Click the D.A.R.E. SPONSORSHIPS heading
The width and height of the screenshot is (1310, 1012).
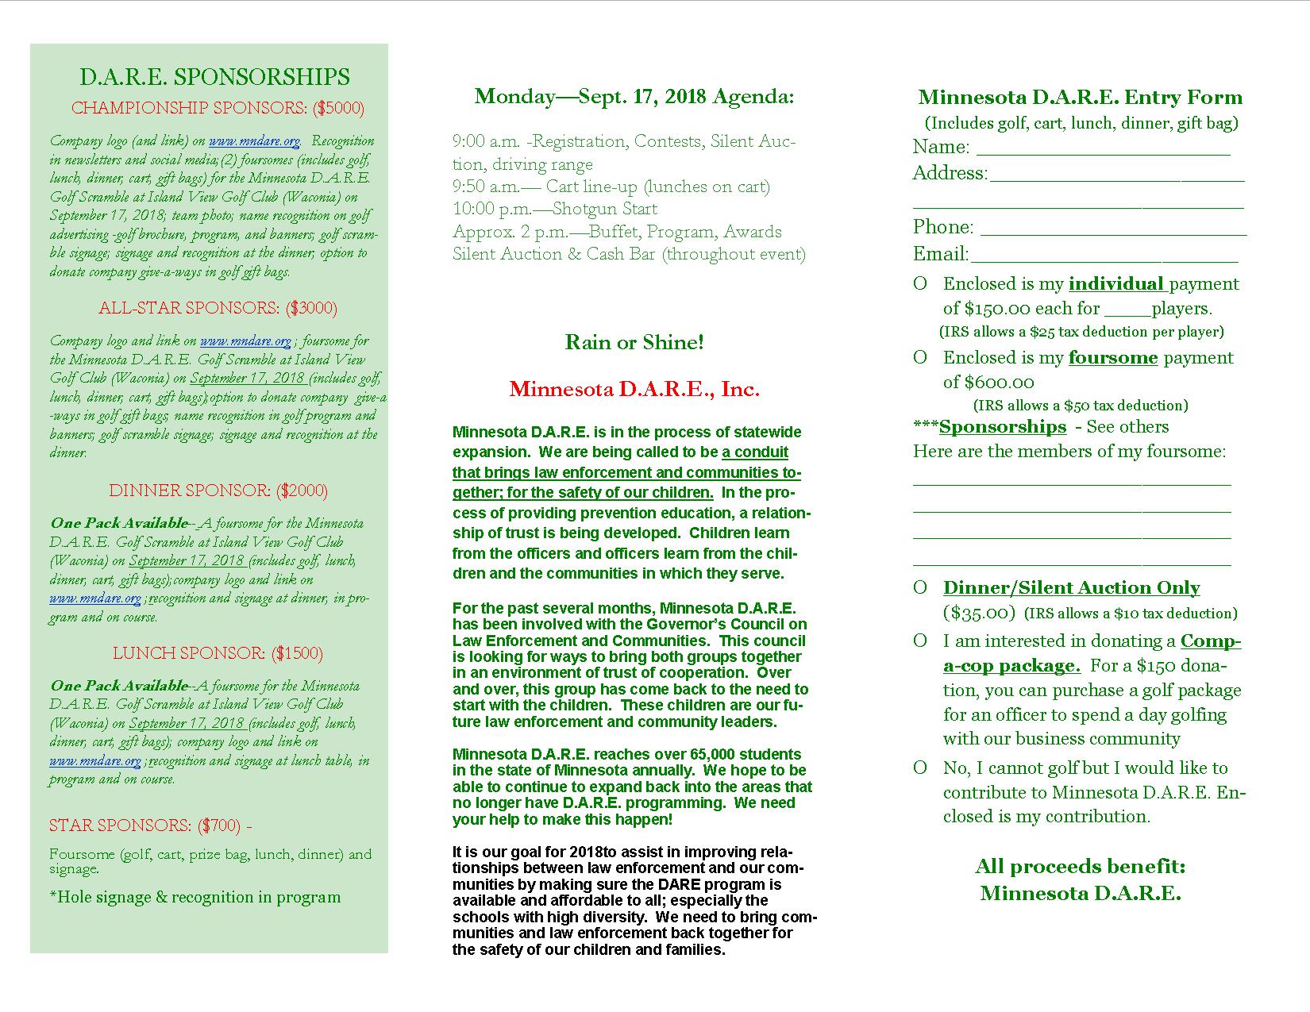214,77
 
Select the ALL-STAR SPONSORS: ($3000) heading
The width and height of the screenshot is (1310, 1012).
218,308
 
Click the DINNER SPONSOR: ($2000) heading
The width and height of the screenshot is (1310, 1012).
218,491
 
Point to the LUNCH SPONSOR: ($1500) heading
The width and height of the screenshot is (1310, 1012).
218,653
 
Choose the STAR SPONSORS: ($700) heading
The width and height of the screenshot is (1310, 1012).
150,825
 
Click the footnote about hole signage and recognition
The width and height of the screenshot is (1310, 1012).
195,897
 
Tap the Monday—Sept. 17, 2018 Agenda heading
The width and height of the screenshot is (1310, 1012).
634,97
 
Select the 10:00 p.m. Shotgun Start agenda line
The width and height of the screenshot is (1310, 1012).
555,209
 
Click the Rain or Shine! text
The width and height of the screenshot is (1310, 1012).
634,342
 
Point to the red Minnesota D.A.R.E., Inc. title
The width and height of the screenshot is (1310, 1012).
634,389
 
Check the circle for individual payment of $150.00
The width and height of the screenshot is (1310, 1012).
920,284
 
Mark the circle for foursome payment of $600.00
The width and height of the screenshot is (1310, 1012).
920,358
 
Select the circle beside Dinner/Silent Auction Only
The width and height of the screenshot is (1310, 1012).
920,588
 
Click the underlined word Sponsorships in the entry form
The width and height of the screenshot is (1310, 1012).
1002,427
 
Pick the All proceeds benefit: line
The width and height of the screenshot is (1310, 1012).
1080,866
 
